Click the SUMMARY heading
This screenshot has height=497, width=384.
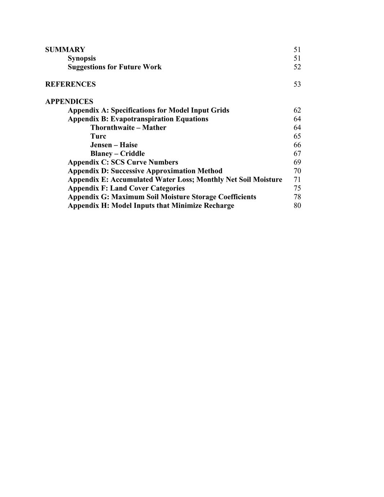tap(65, 50)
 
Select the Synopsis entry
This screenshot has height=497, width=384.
tap(82, 58)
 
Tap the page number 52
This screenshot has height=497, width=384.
tap(297, 67)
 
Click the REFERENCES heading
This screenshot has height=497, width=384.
tap(71, 84)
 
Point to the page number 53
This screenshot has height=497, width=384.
tap(297, 84)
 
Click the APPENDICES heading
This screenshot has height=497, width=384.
tap(69, 102)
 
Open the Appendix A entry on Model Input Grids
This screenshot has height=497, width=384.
tap(148, 110)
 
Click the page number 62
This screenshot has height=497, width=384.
tap(297, 110)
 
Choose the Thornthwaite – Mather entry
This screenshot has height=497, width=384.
tap(128, 127)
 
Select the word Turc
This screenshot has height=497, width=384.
tap(98, 136)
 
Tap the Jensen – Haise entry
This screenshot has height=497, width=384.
tap(114, 145)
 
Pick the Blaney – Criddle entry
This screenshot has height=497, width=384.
tap(117, 153)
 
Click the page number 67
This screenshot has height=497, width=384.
tap(297, 153)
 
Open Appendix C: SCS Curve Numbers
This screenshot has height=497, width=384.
tap(123, 162)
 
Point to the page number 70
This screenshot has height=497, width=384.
tap(297, 171)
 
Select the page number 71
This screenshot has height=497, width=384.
tap(297, 179)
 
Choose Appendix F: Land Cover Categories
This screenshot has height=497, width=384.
tap(126, 188)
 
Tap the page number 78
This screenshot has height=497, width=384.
tap(297, 197)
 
